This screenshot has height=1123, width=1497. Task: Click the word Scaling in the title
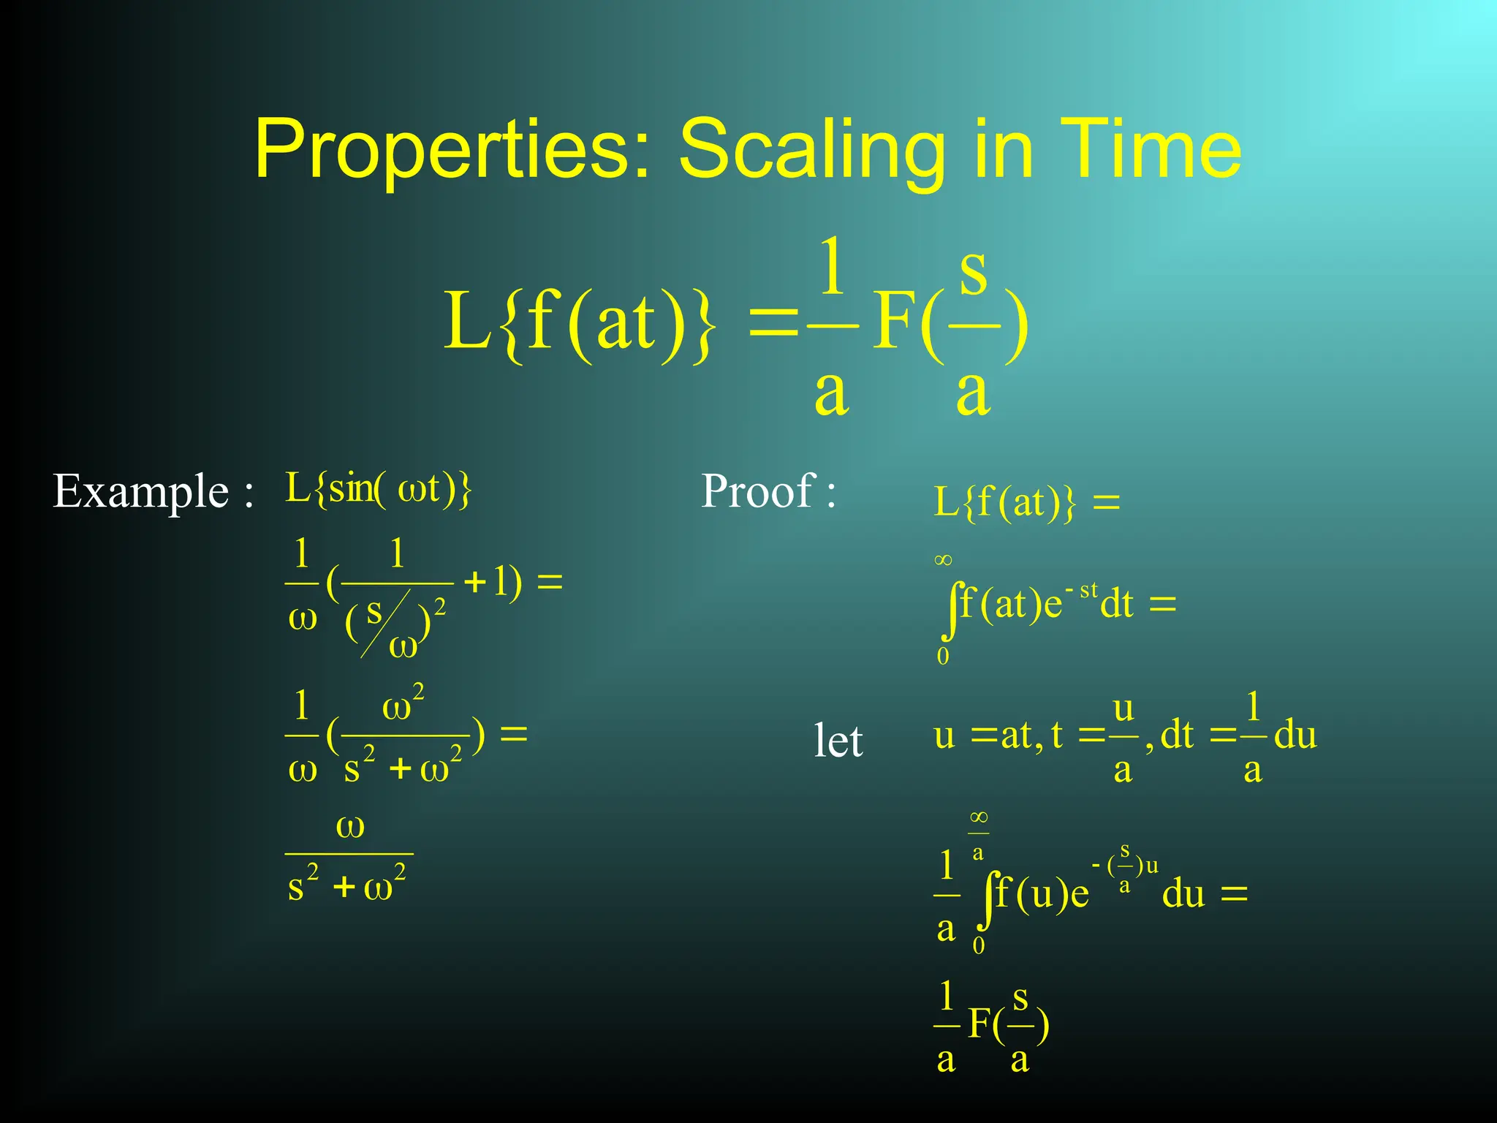pyautogui.click(x=812, y=150)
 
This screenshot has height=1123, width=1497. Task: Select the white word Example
pyautogui.click(x=141, y=491)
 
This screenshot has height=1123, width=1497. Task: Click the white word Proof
pyautogui.click(x=757, y=491)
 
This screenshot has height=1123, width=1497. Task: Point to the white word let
pyautogui.click(x=838, y=741)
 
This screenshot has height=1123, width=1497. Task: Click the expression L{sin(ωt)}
pyautogui.click(x=378, y=488)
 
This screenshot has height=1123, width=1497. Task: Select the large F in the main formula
pyautogui.click(x=895, y=322)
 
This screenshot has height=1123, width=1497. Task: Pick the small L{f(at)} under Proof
pyautogui.click(x=1005, y=503)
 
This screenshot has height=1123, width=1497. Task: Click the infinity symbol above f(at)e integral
pyautogui.click(x=943, y=561)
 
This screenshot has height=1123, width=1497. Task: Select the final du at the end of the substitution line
pyautogui.click(x=1295, y=736)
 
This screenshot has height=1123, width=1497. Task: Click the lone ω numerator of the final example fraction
pyautogui.click(x=349, y=827)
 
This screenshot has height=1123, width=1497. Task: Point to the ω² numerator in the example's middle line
pyautogui.click(x=402, y=705)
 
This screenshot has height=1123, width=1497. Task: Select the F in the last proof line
pyautogui.click(x=980, y=1024)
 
